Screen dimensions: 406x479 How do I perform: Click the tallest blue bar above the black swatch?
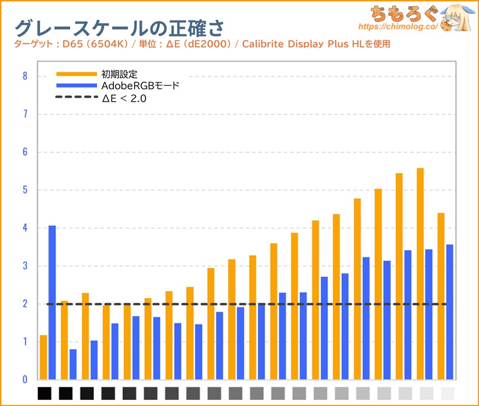(x=52, y=302)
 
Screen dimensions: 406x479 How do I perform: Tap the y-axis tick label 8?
(x=25, y=76)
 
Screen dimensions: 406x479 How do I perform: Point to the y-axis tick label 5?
(x=25, y=190)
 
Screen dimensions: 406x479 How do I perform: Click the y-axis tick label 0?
(x=25, y=380)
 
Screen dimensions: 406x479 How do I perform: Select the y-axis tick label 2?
(x=25, y=304)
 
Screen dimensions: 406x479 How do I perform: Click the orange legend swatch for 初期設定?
(x=76, y=74)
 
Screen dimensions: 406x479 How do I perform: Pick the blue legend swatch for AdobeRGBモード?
(x=76, y=86)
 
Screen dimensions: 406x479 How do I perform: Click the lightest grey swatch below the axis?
(x=447, y=393)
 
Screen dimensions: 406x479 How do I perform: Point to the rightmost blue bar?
(x=450, y=312)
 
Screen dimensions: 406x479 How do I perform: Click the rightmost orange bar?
(x=441, y=296)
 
